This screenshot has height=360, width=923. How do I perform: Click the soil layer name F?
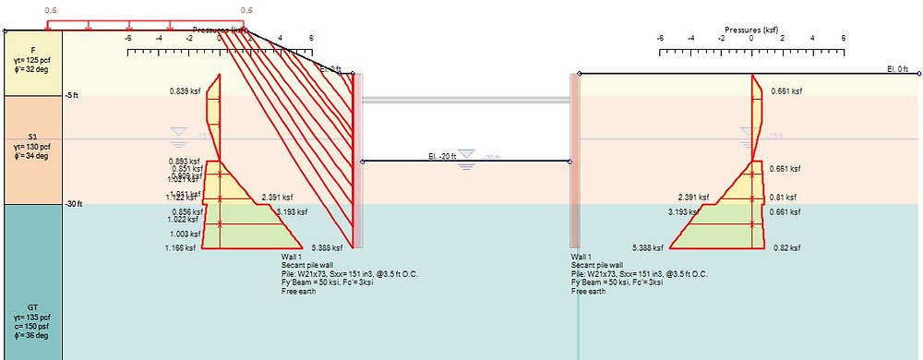(33, 50)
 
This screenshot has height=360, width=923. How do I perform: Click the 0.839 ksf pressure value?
(185, 91)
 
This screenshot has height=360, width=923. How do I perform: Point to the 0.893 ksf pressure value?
(185, 161)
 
